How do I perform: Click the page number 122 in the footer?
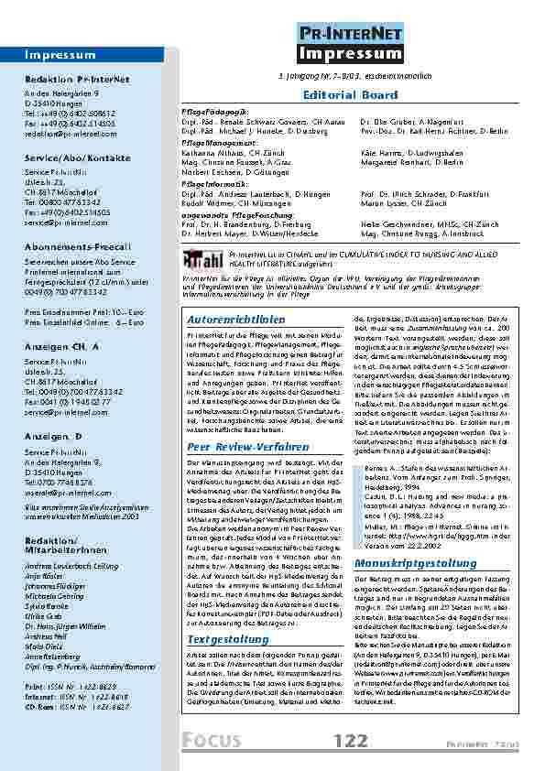(351, 739)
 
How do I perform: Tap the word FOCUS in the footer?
(214, 740)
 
